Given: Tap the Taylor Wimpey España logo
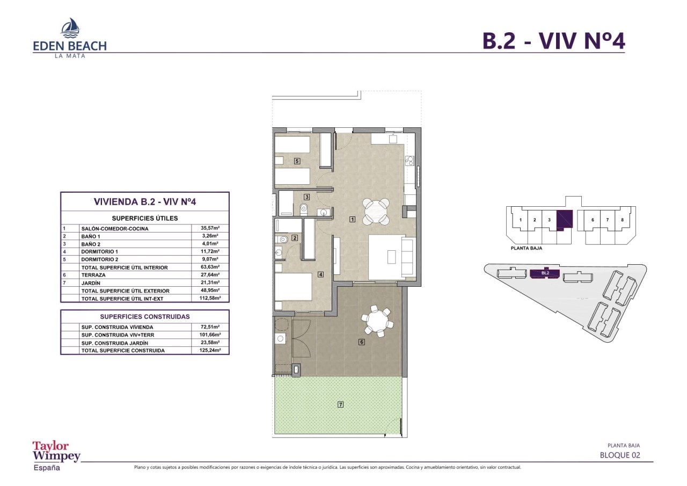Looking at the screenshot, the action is [56, 456].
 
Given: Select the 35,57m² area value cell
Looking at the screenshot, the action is [210, 228].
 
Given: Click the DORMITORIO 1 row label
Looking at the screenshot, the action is [100, 251].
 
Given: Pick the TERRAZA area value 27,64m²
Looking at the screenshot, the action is [210, 274].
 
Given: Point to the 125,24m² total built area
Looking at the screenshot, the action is [210, 350].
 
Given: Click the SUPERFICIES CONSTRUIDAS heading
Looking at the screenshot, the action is [145, 317].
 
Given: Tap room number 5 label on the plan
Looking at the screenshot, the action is [297, 161].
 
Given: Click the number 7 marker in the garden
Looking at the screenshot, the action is [340, 404].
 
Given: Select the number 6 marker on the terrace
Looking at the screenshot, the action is [362, 342].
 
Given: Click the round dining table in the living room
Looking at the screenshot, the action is [376, 211].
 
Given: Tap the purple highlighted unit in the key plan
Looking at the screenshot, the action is [565, 220].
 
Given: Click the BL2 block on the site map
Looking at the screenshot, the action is [545, 273].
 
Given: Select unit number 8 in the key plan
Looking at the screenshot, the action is [622, 220].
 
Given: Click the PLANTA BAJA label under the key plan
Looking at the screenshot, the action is [527, 248].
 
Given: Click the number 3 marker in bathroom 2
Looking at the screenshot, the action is [306, 197].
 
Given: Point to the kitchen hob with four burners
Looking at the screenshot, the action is [410, 161].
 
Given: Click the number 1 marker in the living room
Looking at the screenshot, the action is [353, 220].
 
